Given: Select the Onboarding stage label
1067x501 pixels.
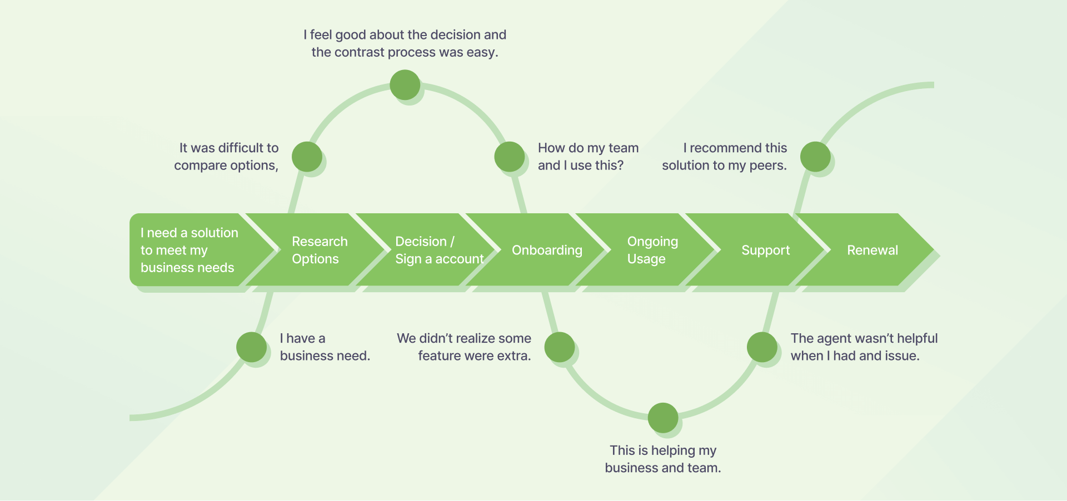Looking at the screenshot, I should [547, 250].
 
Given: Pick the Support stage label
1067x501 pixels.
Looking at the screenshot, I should [765, 250].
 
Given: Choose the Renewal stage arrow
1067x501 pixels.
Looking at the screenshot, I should [872, 250].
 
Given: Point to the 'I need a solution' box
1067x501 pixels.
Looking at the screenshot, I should [189, 250].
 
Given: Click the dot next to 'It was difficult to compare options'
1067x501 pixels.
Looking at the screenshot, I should [307, 157].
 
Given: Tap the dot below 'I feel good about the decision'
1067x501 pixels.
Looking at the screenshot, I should [405, 85].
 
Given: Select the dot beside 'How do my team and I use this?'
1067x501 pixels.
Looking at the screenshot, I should [510, 157].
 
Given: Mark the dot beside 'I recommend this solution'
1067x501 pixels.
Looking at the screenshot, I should [815, 157].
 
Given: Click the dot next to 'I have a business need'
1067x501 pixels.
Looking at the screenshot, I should [251, 347].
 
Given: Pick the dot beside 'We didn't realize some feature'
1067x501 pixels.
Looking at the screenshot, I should [560, 347].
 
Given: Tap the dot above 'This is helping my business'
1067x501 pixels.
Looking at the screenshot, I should [663, 418].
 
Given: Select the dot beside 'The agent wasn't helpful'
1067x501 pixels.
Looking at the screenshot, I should [762, 347].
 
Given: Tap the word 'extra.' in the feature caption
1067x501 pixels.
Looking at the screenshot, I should [514, 356].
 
